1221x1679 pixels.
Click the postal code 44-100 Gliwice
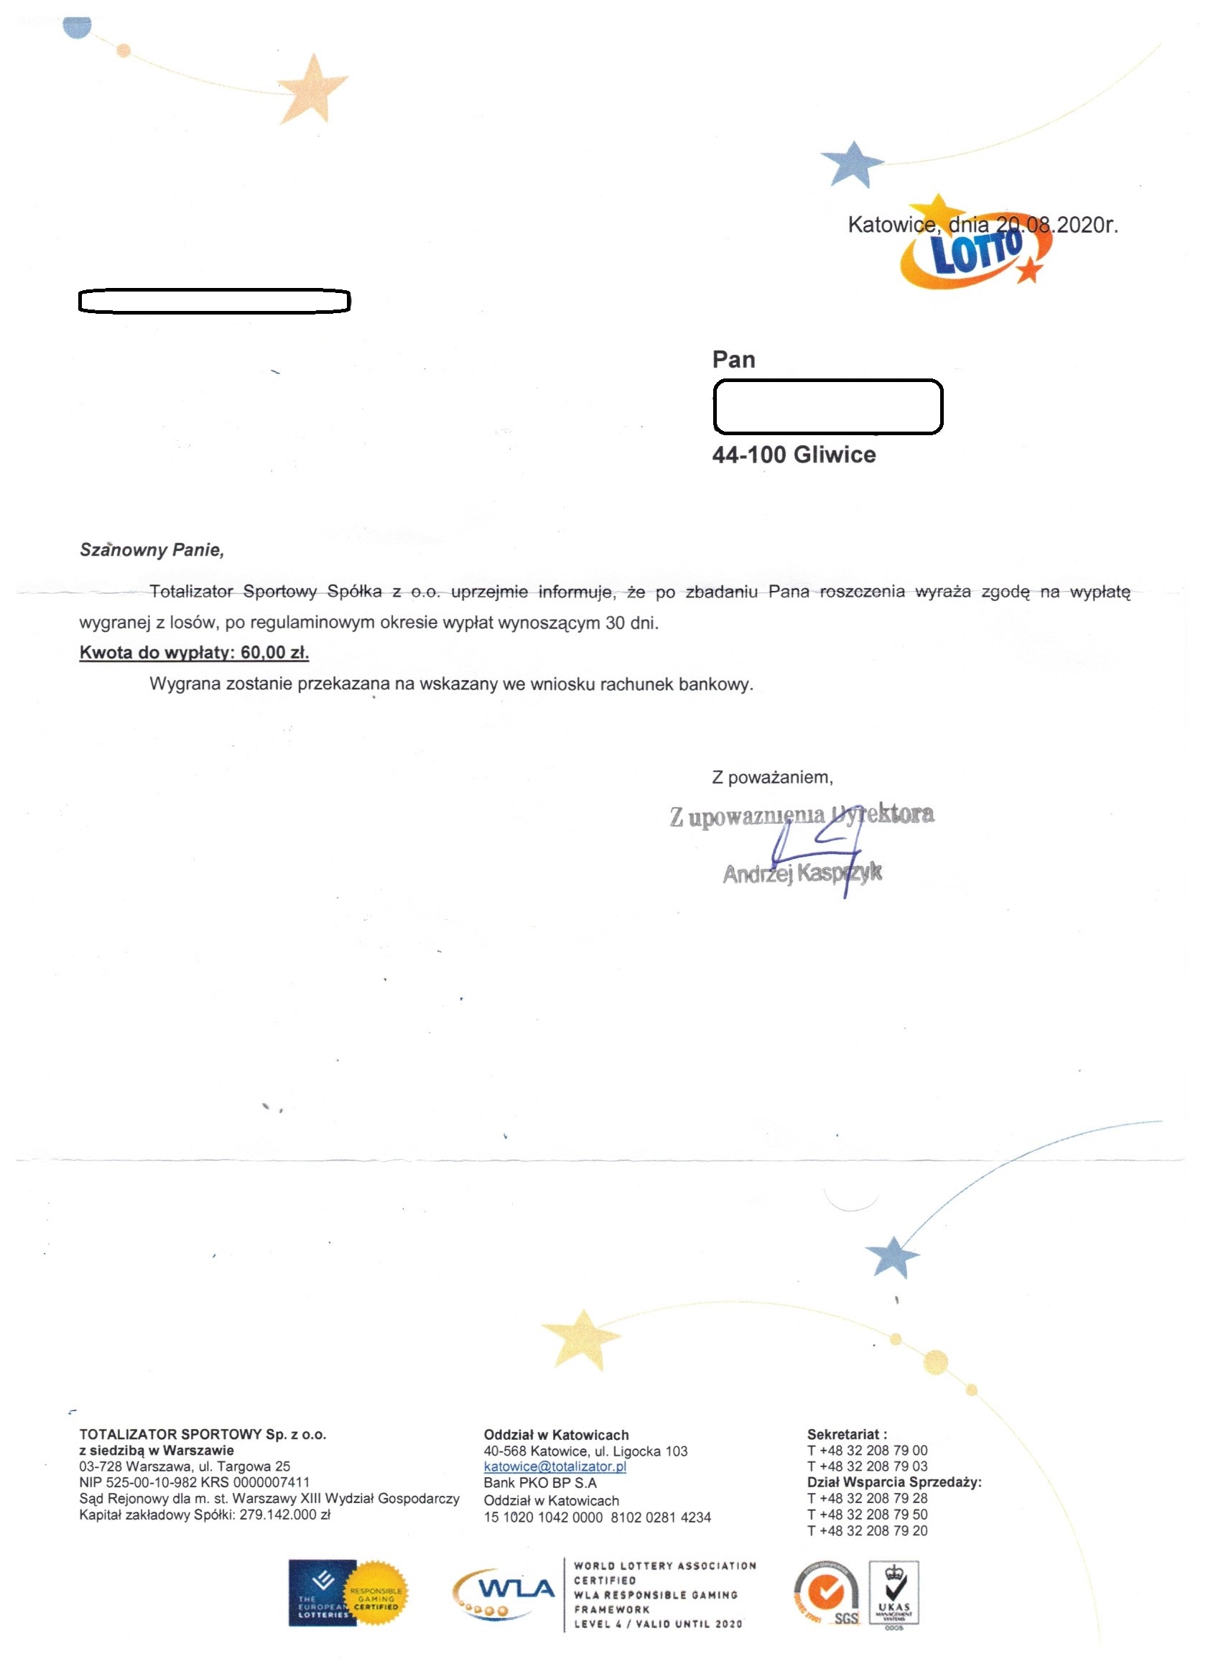(794, 455)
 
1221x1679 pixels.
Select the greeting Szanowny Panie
(152, 550)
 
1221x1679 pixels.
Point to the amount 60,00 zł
(274, 653)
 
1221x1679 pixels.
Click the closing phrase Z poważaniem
(772, 777)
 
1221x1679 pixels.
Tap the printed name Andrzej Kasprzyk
(802, 874)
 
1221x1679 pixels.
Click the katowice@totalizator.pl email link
(554, 1466)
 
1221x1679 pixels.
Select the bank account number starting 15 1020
(597, 1517)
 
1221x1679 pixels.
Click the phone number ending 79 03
(867, 1466)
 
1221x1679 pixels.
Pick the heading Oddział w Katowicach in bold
(556, 1435)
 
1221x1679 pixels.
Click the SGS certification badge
(827, 1594)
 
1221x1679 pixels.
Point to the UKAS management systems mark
(893, 1594)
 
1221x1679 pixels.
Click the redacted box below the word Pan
(827, 406)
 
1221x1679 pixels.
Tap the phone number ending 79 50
(867, 1515)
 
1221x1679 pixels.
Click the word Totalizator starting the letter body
(191, 592)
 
